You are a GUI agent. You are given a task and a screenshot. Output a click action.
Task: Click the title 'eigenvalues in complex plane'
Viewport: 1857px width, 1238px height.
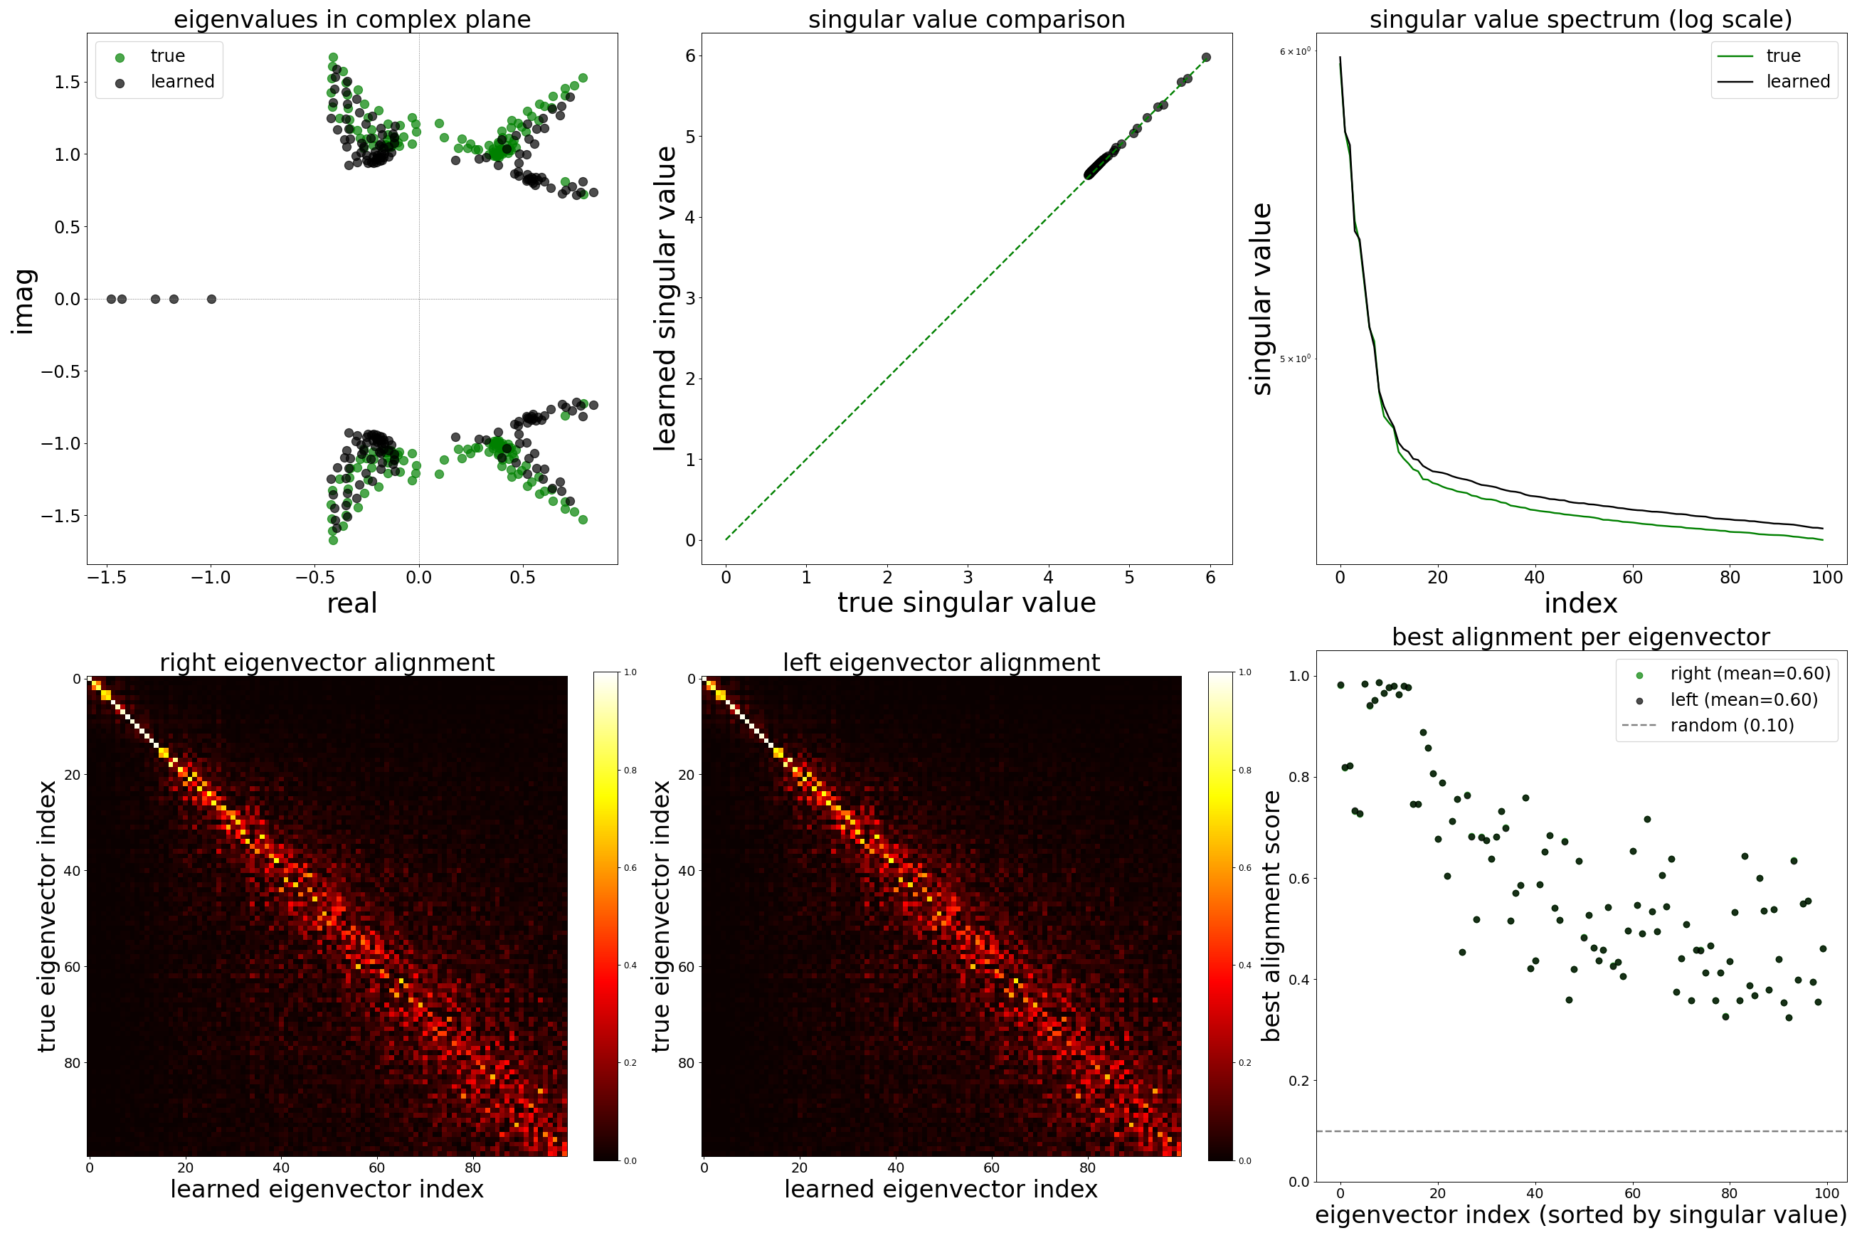click(x=352, y=19)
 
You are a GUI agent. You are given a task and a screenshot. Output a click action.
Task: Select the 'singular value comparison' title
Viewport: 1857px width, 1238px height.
click(x=966, y=19)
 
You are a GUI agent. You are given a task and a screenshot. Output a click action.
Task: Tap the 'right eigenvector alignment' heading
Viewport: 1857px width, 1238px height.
click(x=327, y=662)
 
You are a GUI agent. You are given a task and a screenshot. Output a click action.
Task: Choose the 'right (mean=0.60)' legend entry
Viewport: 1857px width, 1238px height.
click(x=1750, y=674)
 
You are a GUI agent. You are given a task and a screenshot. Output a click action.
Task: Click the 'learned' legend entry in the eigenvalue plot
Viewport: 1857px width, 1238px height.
click(x=182, y=82)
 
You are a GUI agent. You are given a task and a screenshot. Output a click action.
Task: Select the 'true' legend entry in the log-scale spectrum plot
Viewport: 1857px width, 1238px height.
click(x=1783, y=56)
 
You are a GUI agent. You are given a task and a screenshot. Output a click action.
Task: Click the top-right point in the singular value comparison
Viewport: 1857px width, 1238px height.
click(x=1206, y=58)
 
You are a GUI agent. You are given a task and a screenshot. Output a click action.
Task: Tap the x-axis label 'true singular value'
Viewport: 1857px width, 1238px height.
click(x=966, y=603)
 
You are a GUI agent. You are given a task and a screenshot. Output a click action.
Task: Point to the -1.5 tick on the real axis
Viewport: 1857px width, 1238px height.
click(x=107, y=578)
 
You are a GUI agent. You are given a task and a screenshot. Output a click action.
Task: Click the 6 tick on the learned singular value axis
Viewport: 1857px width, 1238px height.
click(x=690, y=55)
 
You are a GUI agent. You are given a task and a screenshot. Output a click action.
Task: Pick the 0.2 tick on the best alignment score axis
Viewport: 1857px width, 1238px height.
click(x=1298, y=1081)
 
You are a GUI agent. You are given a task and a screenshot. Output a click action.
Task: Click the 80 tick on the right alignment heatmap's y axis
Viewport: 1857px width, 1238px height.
click(x=73, y=1063)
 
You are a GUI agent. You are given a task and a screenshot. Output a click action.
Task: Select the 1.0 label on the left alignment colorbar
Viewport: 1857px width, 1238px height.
click(x=1244, y=672)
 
